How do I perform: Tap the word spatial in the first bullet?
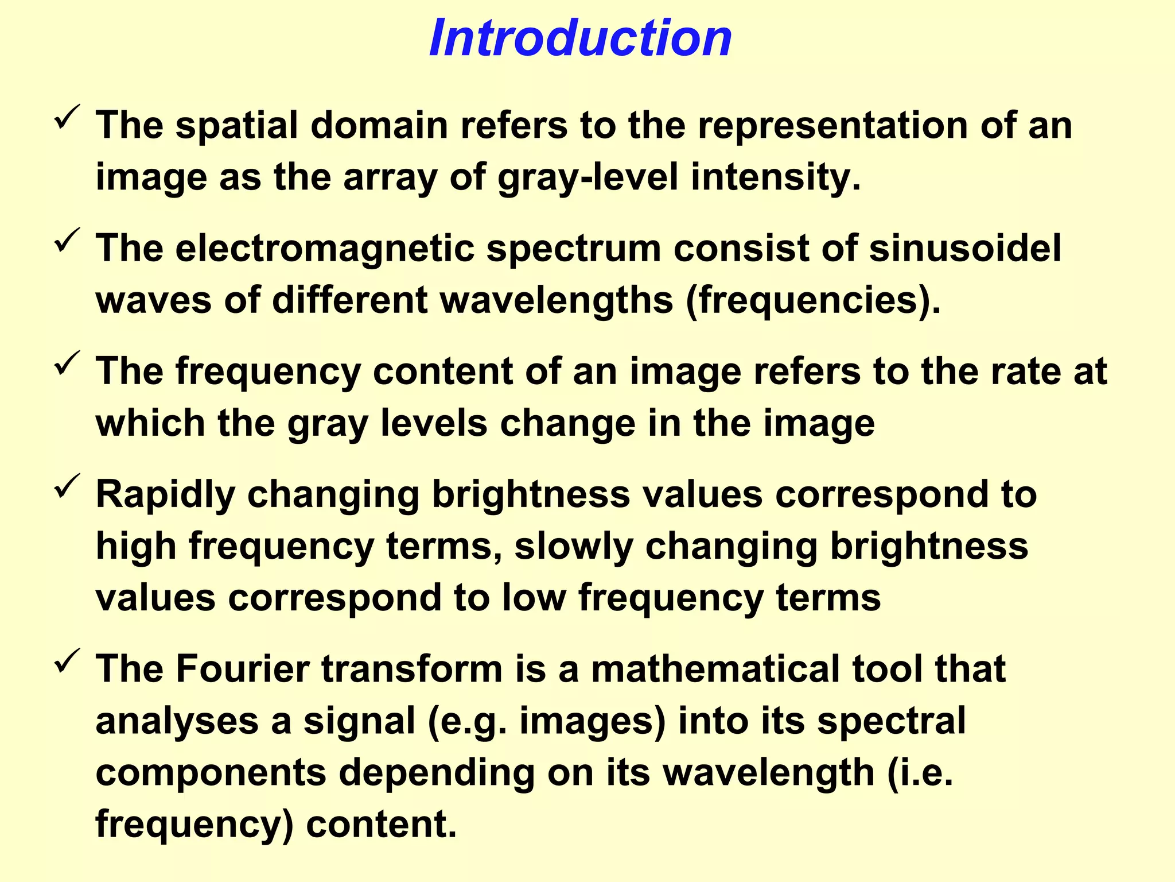pyautogui.click(x=236, y=125)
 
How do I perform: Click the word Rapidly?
pyautogui.click(x=165, y=494)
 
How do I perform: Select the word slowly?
pyautogui.click(x=573, y=546)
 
